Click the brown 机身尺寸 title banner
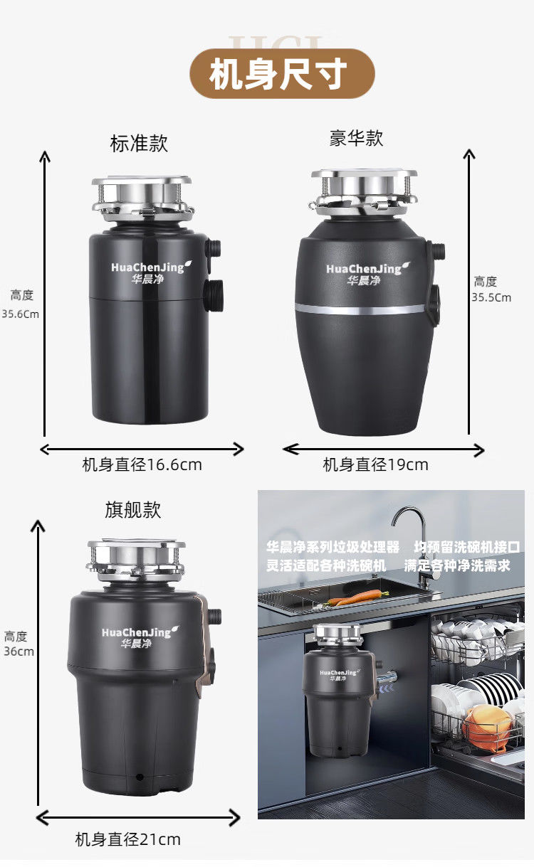coord(282,73)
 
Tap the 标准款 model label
coord(139,144)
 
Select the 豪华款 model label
coord(356,138)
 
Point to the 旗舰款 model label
coord(133,510)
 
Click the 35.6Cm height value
coord(21,314)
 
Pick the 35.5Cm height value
coord(491,297)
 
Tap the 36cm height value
coord(19,651)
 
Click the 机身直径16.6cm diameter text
coord(142,464)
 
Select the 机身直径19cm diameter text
coord(375,464)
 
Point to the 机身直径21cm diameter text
coord(128,840)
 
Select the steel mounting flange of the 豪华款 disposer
coord(364,192)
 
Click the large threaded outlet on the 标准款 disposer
coord(214,295)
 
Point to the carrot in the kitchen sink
coord(357,597)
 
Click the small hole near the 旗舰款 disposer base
coord(140,777)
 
